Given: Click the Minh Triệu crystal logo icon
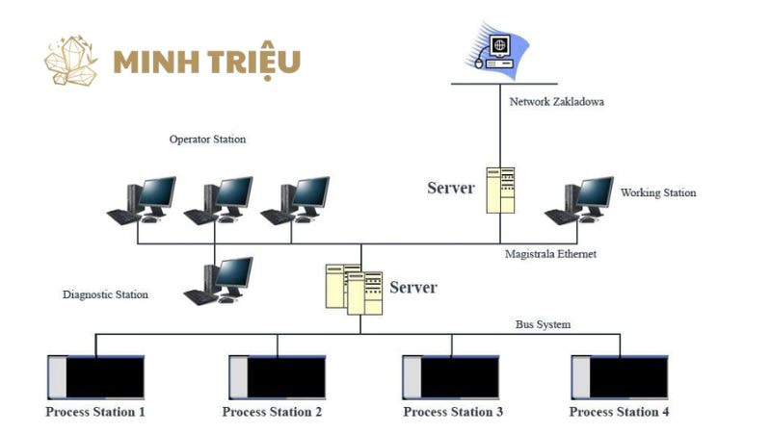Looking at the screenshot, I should coord(71,60).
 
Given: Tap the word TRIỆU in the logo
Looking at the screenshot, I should coord(249,62).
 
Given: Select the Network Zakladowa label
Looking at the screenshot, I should coord(557,100).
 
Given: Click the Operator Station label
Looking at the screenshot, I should coord(207,140).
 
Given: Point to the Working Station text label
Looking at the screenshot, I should coord(657,192).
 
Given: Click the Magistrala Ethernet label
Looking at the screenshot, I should coord(551,254).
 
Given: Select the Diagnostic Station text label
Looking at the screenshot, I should coord(106,294).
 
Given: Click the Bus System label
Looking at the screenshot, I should coord(543,324).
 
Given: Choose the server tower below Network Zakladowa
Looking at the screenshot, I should coord(500,189).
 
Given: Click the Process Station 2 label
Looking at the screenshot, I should coord(272,412).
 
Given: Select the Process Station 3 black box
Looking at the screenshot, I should coord(452,377).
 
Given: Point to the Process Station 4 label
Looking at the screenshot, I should coord(619,412).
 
